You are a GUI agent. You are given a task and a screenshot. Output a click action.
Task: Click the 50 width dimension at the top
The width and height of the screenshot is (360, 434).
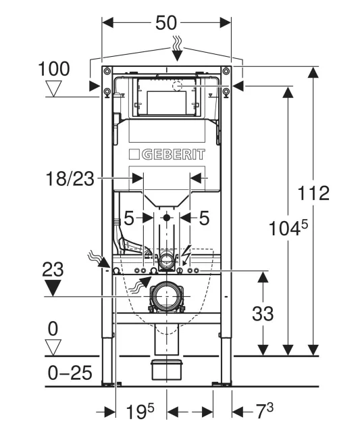[166, 23]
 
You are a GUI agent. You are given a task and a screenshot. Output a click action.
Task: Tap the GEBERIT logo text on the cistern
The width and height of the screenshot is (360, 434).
[174, 154]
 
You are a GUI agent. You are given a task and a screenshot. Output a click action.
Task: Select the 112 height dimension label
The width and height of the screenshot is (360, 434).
[313, 193]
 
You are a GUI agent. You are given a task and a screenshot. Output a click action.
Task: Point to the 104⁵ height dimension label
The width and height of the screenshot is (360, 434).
[288, 228]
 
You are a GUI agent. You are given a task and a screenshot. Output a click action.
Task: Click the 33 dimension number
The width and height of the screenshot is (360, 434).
[263, 314]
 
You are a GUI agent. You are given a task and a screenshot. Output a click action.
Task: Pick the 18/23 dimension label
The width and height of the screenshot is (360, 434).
[70, 178]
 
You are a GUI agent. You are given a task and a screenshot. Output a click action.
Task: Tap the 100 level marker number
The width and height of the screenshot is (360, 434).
[53, 69]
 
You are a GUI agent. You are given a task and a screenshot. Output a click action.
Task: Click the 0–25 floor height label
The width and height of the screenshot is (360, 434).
[70, 372]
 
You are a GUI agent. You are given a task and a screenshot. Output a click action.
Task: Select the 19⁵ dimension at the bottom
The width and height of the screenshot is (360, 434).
[140, 411]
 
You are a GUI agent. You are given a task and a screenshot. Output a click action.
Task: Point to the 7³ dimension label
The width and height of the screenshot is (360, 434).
[264, 411]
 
